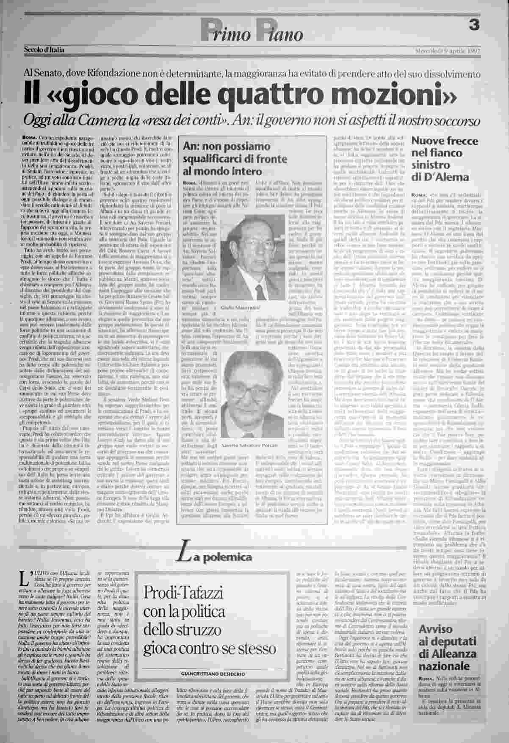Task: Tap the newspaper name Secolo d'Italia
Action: pyautogui.click(x=44, y=51)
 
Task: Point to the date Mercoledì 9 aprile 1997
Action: pyautogui.click(x=447, y=52)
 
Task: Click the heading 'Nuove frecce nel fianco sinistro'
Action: pyautogui.click(x=445, y=159)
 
